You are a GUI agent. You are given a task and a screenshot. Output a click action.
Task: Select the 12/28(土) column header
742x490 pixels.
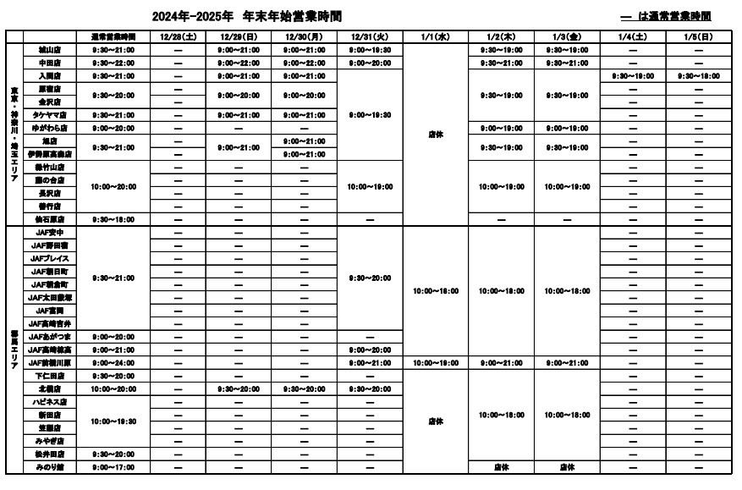click(x=178, y=37)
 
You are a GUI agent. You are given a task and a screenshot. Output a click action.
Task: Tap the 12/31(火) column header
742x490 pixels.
click(x=370, y=37)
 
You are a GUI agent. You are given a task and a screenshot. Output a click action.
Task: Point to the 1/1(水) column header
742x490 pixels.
click(x=436, y=37)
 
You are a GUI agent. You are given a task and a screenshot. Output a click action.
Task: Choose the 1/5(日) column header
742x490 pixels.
click(x=698, y=37)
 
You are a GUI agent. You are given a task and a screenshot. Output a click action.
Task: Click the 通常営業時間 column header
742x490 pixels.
click(x=113, y=37)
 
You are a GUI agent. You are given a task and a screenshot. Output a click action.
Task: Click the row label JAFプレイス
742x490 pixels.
click(x=50, y=258)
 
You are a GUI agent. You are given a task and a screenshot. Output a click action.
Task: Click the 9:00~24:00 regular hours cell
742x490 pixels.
click(x=113, y=362)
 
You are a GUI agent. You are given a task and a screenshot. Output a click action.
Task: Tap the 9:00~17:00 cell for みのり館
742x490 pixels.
click(x=113, y=467)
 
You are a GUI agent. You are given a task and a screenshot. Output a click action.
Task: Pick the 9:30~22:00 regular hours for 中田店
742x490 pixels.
click(x=113, y=63)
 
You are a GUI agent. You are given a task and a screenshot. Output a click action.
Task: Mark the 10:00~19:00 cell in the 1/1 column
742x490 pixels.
click(x=436, y=362)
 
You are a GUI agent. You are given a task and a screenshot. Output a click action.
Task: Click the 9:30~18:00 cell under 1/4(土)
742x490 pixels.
click(x=632, y=76)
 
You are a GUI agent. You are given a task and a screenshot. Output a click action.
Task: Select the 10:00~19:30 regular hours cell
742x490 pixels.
click(x=113, y=421)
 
